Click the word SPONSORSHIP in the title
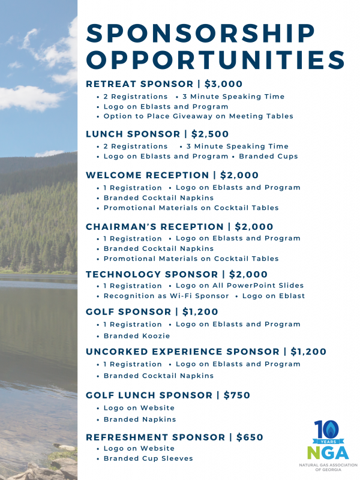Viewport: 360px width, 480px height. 201,34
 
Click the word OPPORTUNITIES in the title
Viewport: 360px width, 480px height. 215,60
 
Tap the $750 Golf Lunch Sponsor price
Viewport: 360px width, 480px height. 237,395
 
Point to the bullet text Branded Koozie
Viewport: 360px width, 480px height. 137,336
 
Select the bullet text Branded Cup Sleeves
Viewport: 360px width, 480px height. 148,458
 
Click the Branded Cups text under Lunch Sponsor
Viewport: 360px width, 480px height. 268,156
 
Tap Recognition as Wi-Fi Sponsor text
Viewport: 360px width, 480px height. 166,296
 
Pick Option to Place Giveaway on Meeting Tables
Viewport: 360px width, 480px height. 198,116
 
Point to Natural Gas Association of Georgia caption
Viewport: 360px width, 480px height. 328,467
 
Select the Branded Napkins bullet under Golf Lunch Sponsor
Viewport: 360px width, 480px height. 140,419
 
